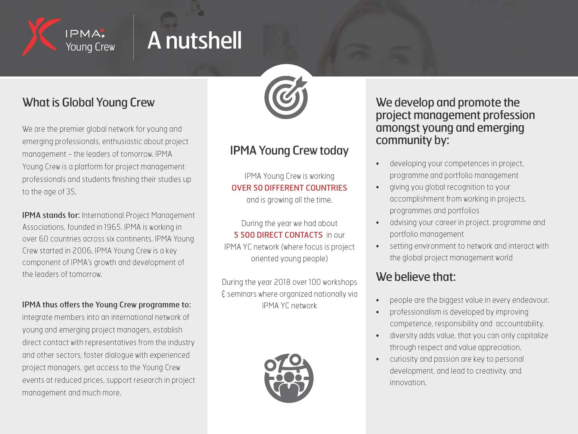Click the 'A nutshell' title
tap(194, 40)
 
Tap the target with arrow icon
tap(286, 97)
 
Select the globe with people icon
tap(289, 378)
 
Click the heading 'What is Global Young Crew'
tap(89, 102)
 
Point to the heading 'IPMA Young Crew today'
tap(289, 150)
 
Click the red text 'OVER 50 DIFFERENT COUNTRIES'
tap(289, 188)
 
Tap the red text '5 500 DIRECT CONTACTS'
tap(278, 235)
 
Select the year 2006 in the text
tap(82, 251)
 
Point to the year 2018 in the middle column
tap(282, 282)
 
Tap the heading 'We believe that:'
tap(416, 277)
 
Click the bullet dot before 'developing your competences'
tap(378, 164)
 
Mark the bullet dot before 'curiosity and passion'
tap(378, 360)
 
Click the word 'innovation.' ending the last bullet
tap(408, 383)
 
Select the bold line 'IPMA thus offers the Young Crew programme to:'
tap(107, 305)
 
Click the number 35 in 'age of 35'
tap(71, 192)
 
